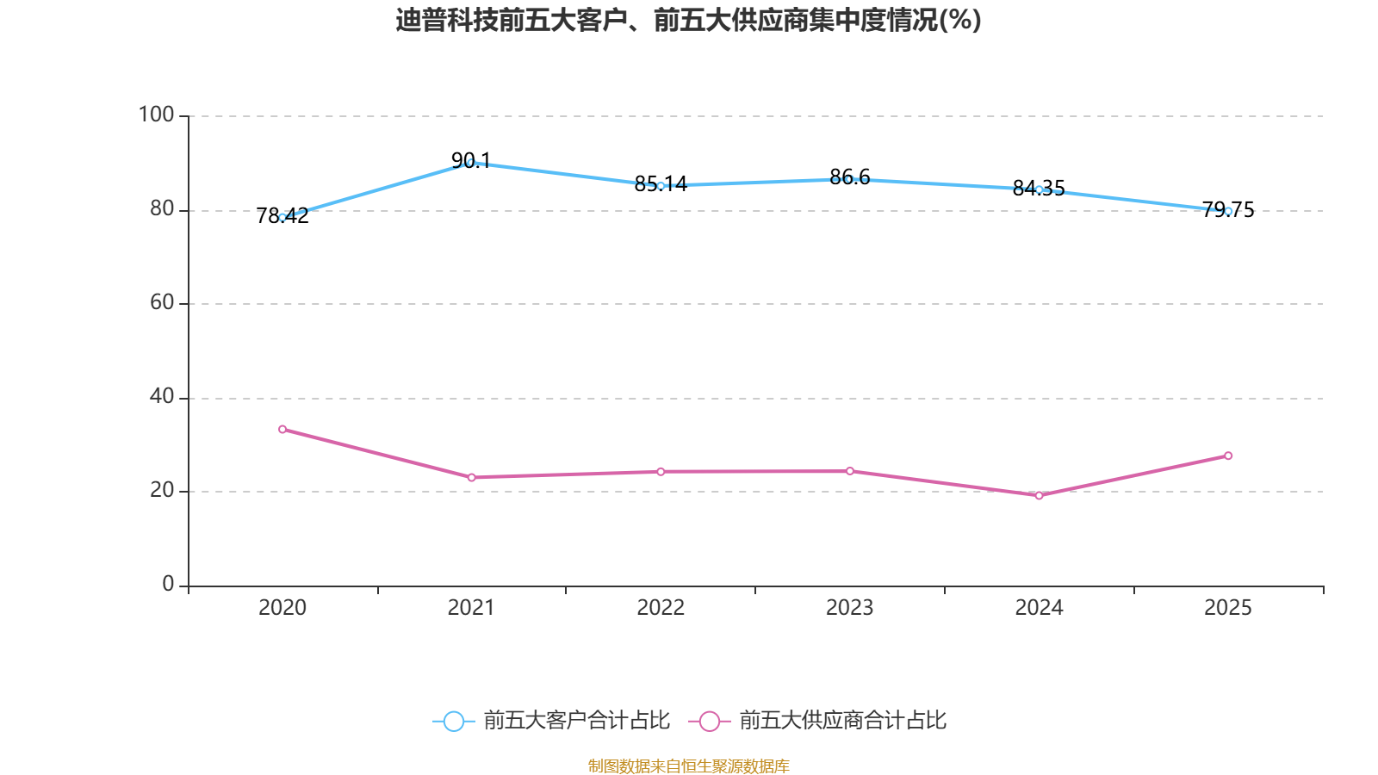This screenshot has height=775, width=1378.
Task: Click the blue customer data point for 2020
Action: pos(282,217)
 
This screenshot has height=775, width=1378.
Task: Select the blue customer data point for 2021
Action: pos(470,162)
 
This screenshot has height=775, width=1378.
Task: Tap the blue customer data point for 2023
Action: pos(849,179)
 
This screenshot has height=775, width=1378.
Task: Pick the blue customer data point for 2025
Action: pos(1228,211)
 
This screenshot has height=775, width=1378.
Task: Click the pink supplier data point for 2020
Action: pos(282,429)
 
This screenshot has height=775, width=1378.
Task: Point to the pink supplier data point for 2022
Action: pos(661,472)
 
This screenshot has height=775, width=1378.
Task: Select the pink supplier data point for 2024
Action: pos(1039,495)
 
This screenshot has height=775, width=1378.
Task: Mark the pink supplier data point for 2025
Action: pos(1228,456)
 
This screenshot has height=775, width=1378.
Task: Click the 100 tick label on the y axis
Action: pos(156,115)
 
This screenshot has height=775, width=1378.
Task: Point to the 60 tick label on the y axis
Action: pos(162,302)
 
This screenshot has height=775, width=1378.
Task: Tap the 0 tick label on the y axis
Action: pos(168,584)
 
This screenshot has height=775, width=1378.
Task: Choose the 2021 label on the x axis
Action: pos(471,608)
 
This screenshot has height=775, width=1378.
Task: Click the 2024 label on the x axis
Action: pos(1039,608)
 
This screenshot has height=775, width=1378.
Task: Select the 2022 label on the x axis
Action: pos(661,608)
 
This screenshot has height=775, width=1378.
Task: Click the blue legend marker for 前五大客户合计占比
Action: pos(453,721)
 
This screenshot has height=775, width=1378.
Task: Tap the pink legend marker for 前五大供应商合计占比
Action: pos(709,721)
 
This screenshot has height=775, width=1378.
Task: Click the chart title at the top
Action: pos(688,21)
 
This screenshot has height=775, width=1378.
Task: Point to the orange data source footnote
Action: pos(688,766)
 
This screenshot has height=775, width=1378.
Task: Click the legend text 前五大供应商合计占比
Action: pos(842,721)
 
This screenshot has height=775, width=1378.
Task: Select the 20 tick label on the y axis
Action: pos(162,490)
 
